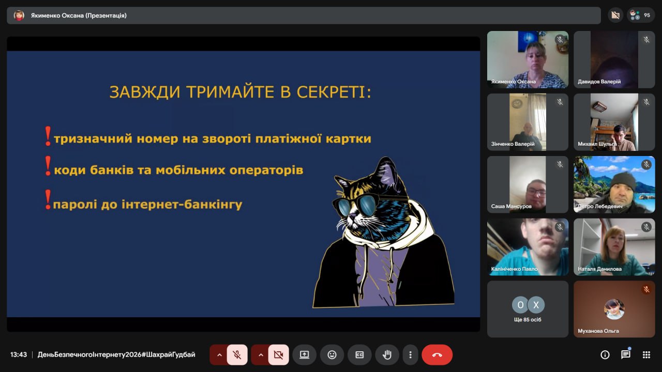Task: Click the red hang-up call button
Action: click(437, 354)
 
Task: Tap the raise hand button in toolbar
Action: click(387, 354)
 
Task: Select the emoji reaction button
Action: click(332, 354)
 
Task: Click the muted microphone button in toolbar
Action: click(237, 354)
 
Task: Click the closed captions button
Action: click(359, 354)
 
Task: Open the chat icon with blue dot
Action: click(626, 354)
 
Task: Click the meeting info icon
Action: click(605, 354)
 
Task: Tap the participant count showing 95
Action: click(641, 15)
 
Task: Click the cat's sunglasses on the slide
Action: click(355, 206)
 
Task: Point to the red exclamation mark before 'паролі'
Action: click(48, 199)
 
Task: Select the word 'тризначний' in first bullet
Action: click(93, 138)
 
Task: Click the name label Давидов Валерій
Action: click(599, 82)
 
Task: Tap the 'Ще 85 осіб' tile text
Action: click(528, 319)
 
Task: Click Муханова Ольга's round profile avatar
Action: click(614, 309)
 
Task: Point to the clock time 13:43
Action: click(18, 354)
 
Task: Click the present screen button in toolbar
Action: click(304, 354)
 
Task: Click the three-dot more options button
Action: click(410, 354)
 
